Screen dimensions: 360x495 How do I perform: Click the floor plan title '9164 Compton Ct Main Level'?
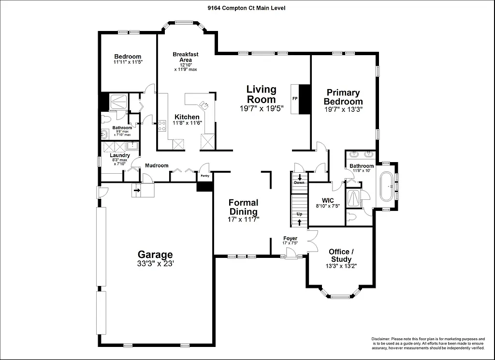[247, 7]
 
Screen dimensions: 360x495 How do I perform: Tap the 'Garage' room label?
[155, 255]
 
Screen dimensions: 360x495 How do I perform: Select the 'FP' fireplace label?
[294, 99]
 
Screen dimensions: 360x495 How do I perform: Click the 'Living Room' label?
[261, 94]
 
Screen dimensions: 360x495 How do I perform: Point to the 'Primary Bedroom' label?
[343, 97]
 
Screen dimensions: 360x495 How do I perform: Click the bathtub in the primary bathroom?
[387, 186]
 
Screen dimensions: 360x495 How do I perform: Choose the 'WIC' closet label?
[327, 200]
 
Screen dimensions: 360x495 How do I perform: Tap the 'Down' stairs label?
[300, 182]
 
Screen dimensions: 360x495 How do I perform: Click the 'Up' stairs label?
[300, 213]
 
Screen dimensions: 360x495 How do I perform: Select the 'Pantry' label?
[204, 176]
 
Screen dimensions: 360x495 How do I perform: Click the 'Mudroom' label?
[157, 165]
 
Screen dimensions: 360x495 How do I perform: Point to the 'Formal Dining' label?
[243, 207]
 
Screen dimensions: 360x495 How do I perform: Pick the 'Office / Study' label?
[341, 255]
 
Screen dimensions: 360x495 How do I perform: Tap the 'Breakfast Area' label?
[186, 57]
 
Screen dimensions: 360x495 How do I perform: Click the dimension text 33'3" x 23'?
[155, 264]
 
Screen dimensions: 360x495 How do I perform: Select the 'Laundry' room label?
[119, 155]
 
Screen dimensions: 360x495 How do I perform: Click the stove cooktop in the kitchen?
[162, 126]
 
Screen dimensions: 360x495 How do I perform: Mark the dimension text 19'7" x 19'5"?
[261, 109]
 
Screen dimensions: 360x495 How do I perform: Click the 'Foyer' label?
[290, 239]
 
